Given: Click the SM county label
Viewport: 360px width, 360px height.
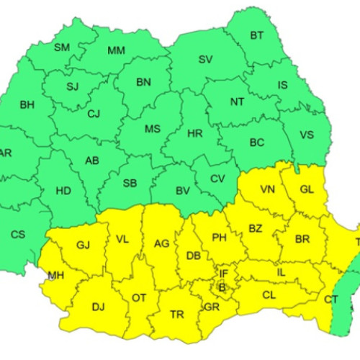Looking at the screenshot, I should click(62, 48).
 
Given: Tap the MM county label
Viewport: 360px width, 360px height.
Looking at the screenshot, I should click(115, 50).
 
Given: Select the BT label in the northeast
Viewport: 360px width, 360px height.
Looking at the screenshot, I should click(257, 35).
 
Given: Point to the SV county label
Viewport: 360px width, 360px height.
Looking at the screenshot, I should click(206, 59).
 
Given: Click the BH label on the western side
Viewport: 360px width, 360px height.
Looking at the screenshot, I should click(27, 105).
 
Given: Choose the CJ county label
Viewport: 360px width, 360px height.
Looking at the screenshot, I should click(94, 113).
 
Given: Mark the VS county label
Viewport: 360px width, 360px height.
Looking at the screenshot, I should click(307, 135).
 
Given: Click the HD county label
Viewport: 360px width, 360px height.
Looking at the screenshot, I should click(63, 192).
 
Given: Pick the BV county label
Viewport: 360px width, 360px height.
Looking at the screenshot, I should click(183, 190).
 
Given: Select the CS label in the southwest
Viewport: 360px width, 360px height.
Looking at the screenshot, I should click(18, 233).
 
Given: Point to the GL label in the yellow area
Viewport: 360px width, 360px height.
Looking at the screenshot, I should click(306, 189).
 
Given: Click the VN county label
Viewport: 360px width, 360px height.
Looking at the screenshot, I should click(268, 190).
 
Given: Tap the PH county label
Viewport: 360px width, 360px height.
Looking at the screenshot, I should click(220, 236).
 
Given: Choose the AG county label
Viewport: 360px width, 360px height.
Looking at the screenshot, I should click(162, 244).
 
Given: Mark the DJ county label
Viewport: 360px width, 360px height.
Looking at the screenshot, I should click(98, 307).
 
